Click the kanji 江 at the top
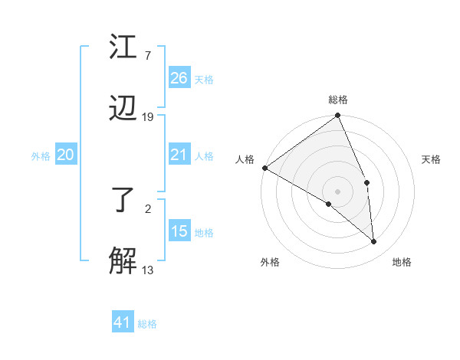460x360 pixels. [123, 47]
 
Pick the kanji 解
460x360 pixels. [123, 260]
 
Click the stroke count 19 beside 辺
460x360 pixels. [148, 117]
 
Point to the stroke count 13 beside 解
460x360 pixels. [148, 270]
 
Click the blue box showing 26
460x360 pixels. [179, 78]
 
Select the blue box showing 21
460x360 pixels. [179, 155]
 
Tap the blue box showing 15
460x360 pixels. [179, 231]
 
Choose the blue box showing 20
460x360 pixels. [66, 155]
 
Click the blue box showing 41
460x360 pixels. [123, 322]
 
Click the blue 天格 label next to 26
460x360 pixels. [204, 80]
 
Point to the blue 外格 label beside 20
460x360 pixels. [41, 156]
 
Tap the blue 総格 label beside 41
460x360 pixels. [147, 324]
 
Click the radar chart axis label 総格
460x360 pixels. [338, 100]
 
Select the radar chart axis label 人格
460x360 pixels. [245, 159]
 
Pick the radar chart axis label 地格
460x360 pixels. [402, 263]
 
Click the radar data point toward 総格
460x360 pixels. [338, 117]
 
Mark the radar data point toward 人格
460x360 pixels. [264, 168]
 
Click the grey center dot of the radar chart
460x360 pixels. [337, 191]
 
